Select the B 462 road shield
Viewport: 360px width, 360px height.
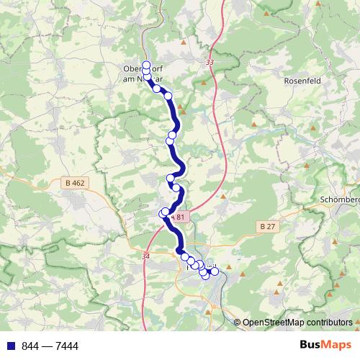[74, 183]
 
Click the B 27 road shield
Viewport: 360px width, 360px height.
[267, 226]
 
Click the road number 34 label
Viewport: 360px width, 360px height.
[147, 255]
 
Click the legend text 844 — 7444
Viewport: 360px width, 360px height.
[50, 346]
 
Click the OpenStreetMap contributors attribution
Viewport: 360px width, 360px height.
[297, 322]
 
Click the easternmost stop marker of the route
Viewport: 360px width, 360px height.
[214, 271]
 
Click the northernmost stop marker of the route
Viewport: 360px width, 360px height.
[146, 65]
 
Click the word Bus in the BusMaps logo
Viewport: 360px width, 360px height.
[310, 346]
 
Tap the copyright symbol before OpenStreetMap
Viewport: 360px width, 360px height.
[238, 322]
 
